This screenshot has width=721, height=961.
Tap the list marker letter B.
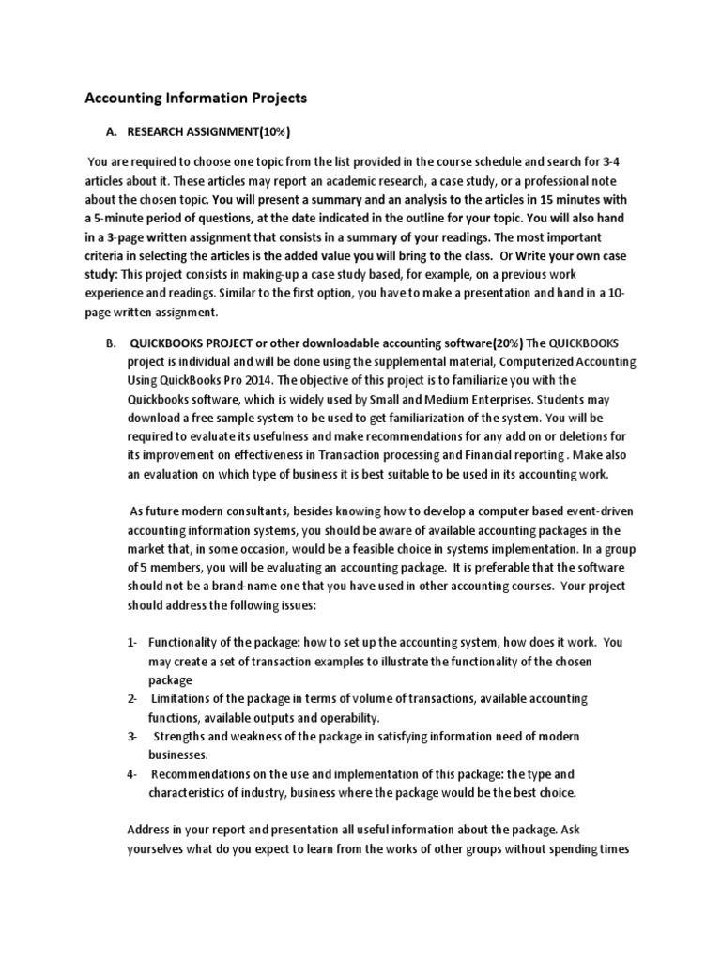coord(110,344)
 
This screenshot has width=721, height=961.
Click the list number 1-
coord(132,643)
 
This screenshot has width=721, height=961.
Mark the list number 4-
coord(132,774)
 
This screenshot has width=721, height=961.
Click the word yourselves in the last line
coord(159,849)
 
